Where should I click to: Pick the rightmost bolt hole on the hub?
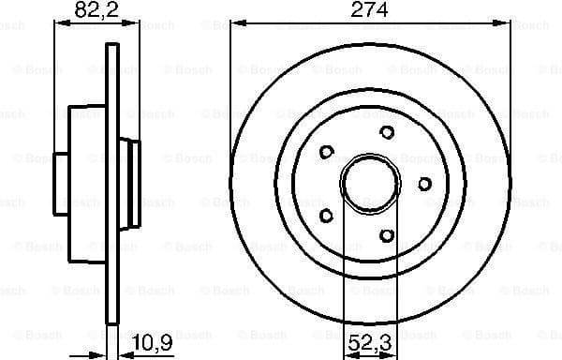(424, 183)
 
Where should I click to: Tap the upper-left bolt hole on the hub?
(326, 151)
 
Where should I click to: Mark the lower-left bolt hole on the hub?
(326, 216)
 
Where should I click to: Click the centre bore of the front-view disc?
(369, 183)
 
